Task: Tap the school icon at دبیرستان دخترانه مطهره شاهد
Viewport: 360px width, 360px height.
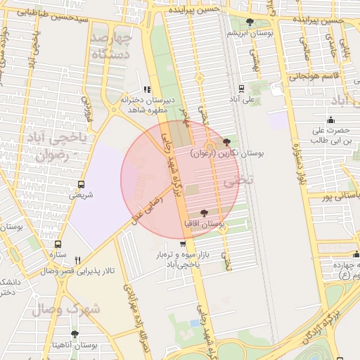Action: [147, 89]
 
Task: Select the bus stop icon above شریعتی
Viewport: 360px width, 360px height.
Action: [81, 184]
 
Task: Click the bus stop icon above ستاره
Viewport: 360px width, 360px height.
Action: [53, 244]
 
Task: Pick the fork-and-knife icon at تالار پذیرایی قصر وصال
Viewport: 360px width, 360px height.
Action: [78, 259]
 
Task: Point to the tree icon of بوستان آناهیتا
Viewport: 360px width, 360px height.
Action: [75, 334]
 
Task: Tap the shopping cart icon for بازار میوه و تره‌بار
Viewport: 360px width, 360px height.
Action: [184, 244]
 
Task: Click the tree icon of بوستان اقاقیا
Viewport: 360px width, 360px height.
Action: [204, 213]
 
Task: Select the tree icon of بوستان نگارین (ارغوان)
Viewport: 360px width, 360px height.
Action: [226, 142]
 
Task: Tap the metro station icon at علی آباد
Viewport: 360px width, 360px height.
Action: [242, 89]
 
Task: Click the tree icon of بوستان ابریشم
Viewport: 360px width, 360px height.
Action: [251, 22]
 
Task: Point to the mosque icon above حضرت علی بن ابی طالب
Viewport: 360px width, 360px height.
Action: [330, 119]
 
